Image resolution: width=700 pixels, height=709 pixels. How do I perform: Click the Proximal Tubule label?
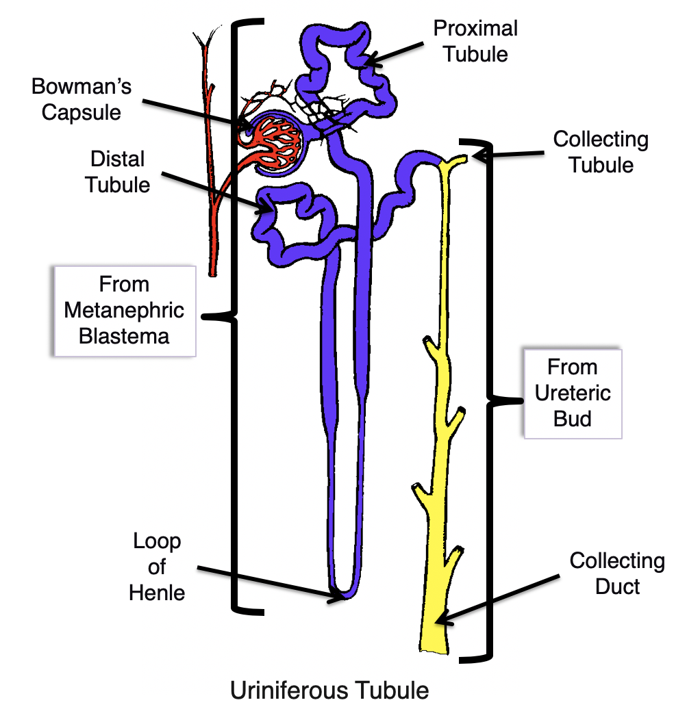tap(475, 41)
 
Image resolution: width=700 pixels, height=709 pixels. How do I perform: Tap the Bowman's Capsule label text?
tap(82, 99)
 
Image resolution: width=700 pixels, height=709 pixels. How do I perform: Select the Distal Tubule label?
tap(118, 172)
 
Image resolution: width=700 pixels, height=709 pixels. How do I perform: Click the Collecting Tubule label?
tap(601, 152)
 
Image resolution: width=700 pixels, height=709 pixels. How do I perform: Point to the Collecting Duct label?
tap(617, 573)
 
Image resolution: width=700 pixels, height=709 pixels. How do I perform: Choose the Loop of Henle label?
tap(157, 567)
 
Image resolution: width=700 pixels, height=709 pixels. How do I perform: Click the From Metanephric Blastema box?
tap(124, 311)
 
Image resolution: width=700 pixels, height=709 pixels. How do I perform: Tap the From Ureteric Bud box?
tap(573, 394)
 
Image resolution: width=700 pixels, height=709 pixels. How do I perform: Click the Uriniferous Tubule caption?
tap(329, 690)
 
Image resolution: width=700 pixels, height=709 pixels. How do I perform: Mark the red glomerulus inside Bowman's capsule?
tap(271, 139)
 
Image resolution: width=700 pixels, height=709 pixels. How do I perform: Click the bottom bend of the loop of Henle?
tap(341, 593)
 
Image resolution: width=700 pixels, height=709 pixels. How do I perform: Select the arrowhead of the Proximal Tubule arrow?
tap(368, 64)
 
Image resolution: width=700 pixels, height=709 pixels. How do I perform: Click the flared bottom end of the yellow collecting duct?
tap(433, 643)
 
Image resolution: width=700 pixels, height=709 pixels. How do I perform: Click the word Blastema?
tap(124, 337)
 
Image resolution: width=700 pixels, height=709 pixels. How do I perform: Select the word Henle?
tap(157, 593)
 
